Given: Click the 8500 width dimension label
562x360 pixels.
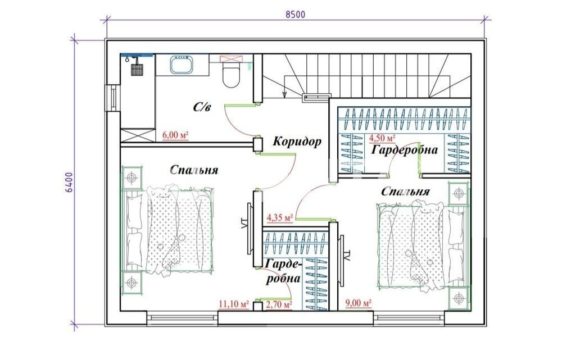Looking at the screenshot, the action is [x=296, y=15].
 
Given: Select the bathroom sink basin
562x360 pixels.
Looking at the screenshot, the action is [x=182, y=65].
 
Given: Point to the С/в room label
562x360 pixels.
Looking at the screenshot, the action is [x=202, y=107].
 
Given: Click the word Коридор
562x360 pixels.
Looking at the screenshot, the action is [x=297, y=142].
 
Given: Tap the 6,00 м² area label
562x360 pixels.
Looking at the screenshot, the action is [x=175, y=135].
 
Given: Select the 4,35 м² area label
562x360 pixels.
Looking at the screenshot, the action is [x=279, y=217].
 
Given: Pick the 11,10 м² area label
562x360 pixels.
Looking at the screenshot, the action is [x=234, y=304].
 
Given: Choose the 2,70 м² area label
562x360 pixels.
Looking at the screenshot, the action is [x=279, y=304].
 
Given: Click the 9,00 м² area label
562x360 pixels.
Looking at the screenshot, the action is [x=358, y=303].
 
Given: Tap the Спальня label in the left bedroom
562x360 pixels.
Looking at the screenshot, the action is [x=193, y=170].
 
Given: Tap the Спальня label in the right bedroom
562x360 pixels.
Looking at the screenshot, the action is [x=405, y=192].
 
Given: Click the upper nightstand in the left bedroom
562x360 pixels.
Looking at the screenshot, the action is [x=132, y=177].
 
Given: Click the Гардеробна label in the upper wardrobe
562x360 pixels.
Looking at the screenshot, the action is [x=404, y=149].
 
